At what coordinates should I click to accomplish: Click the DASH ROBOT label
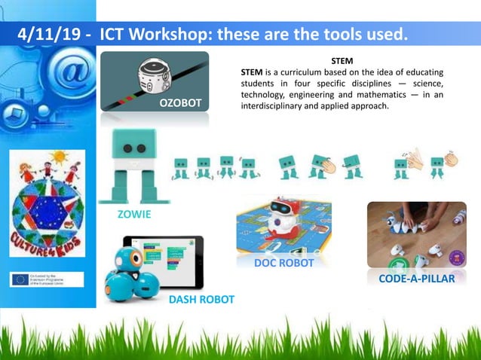click(201, 299)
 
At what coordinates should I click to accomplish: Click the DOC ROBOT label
click(283, 264)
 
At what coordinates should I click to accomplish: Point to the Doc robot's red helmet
click(283, 205)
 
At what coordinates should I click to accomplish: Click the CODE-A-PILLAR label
click(416, 279)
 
